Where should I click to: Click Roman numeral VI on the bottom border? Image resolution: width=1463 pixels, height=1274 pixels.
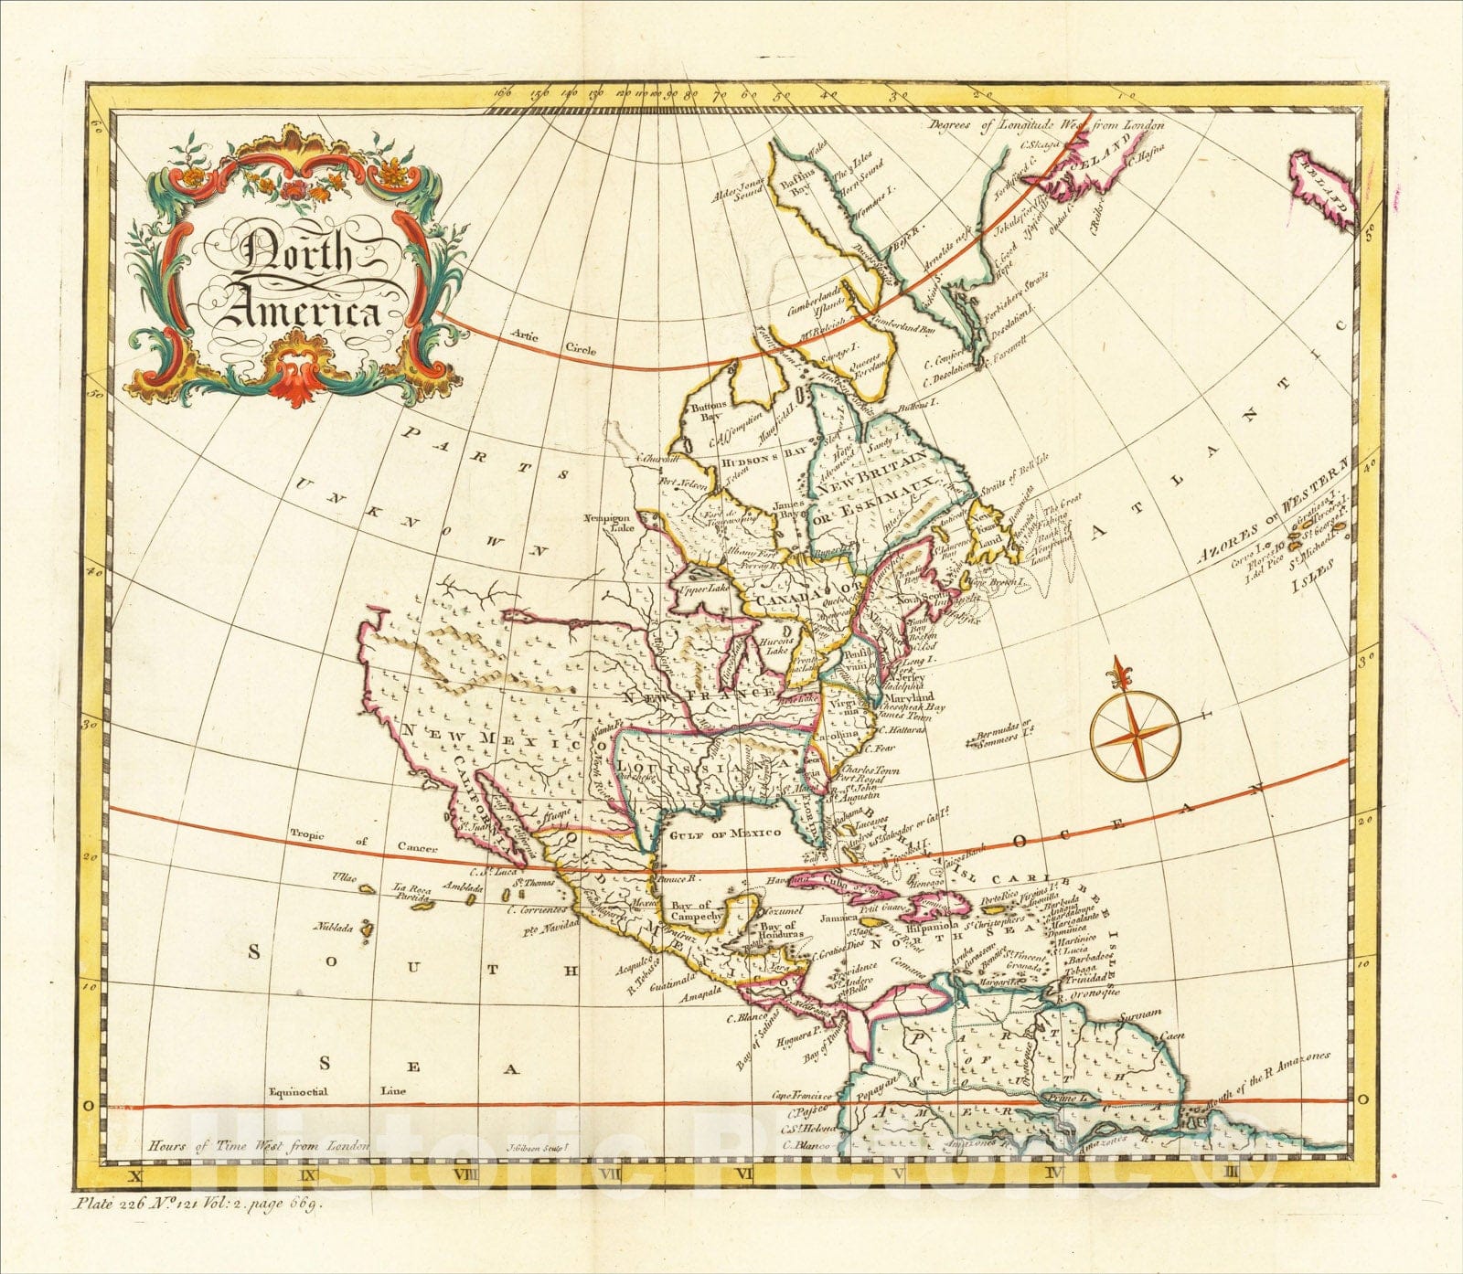[x=748, y=1172]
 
